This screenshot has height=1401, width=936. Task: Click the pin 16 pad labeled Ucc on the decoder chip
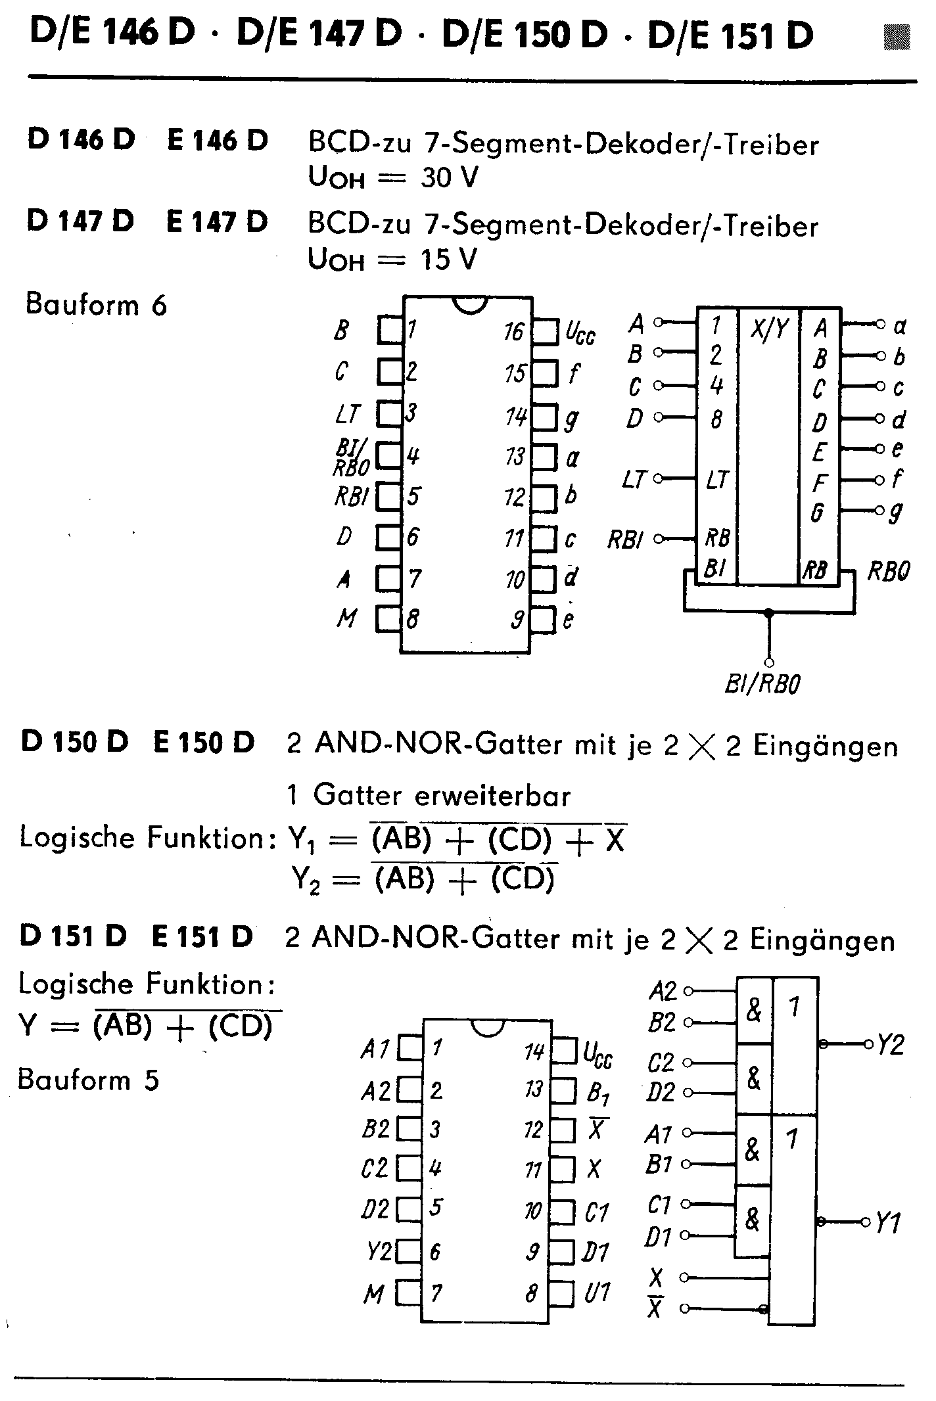(544, 332)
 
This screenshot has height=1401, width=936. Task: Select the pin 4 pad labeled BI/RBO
(389, 455)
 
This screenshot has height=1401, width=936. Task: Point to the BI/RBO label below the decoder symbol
(762, 685)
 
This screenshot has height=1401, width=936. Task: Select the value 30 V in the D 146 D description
(450, 178)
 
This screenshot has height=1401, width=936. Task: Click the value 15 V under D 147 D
(448, 260)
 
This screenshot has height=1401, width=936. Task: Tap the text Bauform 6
(96, 305)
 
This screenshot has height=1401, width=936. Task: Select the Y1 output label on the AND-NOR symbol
(889, 1223)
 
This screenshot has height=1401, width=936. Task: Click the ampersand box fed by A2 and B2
(753, 1010)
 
